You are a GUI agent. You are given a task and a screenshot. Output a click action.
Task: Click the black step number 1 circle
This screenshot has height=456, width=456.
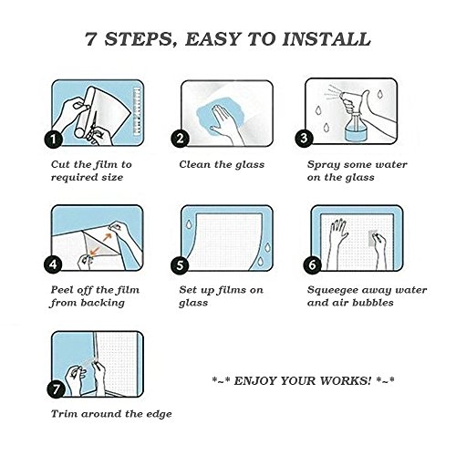[54, 139]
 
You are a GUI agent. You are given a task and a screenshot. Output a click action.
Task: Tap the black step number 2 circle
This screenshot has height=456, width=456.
[181, 139]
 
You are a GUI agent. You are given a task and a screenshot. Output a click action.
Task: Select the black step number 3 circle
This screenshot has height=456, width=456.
[305, 139]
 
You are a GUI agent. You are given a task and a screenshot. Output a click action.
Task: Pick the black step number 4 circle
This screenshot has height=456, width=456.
[54, 264]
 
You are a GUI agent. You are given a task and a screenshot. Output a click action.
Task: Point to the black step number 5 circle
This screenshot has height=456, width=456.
[181, 264]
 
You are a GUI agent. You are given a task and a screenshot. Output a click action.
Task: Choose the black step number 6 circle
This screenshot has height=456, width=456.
[313, 264]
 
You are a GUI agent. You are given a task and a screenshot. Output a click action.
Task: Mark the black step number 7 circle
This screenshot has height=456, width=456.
[57, 389]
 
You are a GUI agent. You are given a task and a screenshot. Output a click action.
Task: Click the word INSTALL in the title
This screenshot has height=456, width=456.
[326, 39]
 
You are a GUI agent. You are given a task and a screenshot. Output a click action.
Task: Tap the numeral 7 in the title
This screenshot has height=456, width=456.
[91, 39]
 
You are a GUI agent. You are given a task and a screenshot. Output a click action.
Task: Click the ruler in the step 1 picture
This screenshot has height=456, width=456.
[136, 110]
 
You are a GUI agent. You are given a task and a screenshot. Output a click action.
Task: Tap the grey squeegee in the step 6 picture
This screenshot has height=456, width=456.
[372, 238]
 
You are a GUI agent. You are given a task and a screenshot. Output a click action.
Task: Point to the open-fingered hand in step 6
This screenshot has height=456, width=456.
[337, 244]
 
